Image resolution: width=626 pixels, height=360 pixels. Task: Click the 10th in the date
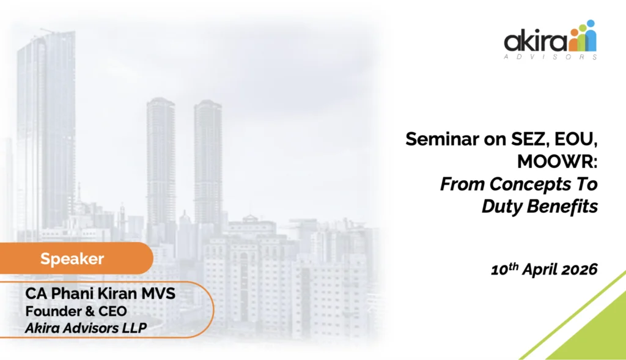pos(504,269)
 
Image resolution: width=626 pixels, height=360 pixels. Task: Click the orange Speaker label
pos(72,259)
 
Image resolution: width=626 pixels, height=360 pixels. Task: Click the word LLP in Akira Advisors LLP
pos(135,328)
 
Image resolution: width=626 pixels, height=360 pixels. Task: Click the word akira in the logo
pos(536,41)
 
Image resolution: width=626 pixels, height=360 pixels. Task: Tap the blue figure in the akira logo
pos(591,35)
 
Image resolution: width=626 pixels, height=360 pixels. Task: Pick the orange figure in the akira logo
pos(573,40)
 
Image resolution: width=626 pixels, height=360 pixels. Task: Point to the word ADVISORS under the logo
pos(551,57)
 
